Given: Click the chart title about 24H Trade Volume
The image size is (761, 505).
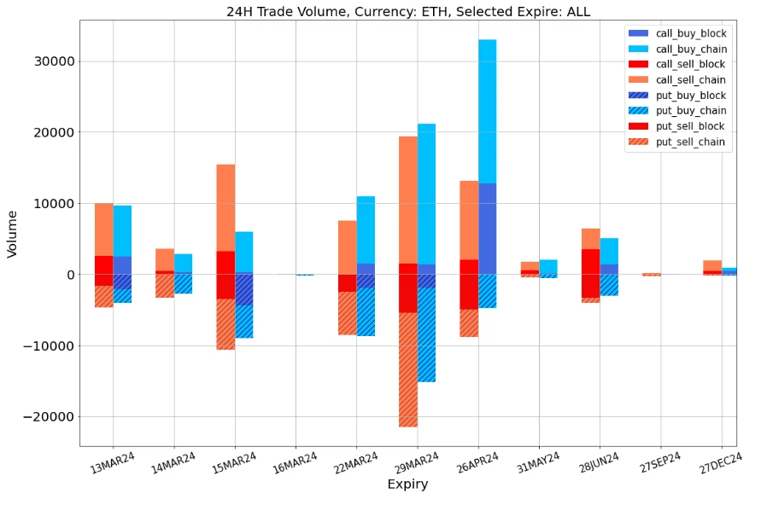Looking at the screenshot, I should click(407, 12).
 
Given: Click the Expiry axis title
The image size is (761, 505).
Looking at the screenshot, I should click(407, 485).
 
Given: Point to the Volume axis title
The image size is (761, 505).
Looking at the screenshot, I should click(13, 234).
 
